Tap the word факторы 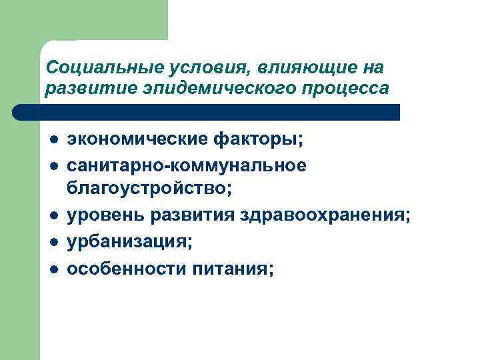pyautogui.click(x=257, y=141)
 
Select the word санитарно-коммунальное pyautogui.click(x=187, y=165)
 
